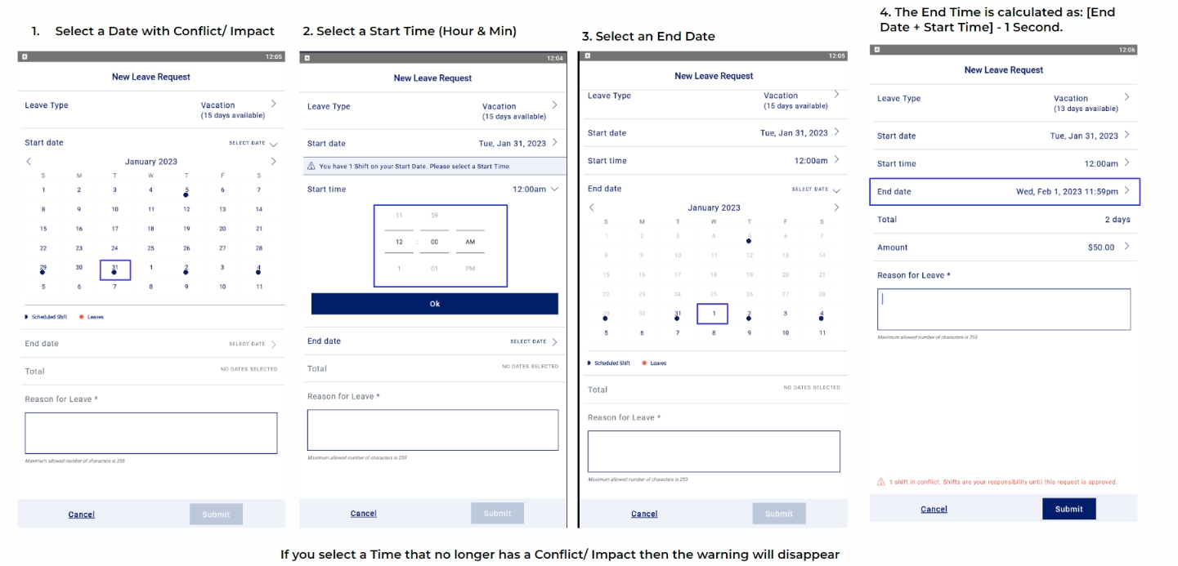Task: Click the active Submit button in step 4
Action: tap(1068, 509)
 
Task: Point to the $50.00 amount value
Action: tap(1100, 247)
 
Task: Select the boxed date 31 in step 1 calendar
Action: tap(115, 270)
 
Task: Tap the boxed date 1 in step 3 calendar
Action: tap(713, 314)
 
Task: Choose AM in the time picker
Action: tap(470, 242)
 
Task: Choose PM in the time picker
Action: tap(470, 268)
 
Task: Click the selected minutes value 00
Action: tap(434, 242)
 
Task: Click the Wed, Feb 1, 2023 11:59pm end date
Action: tap(1067, 192)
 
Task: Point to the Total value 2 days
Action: tap(1117, 220)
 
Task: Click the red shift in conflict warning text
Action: tap(1002, 482)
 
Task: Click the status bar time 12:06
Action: tap(1126, 50)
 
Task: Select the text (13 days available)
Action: tap(1086, 109)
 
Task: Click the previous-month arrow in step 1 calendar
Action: tap(29, 162)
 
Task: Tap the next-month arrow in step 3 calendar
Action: tap(835, 207)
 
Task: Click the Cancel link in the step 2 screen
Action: tap(364, 514)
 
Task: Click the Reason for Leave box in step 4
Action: tap(1003, 310)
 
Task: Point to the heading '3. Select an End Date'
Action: tap(648, 37)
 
